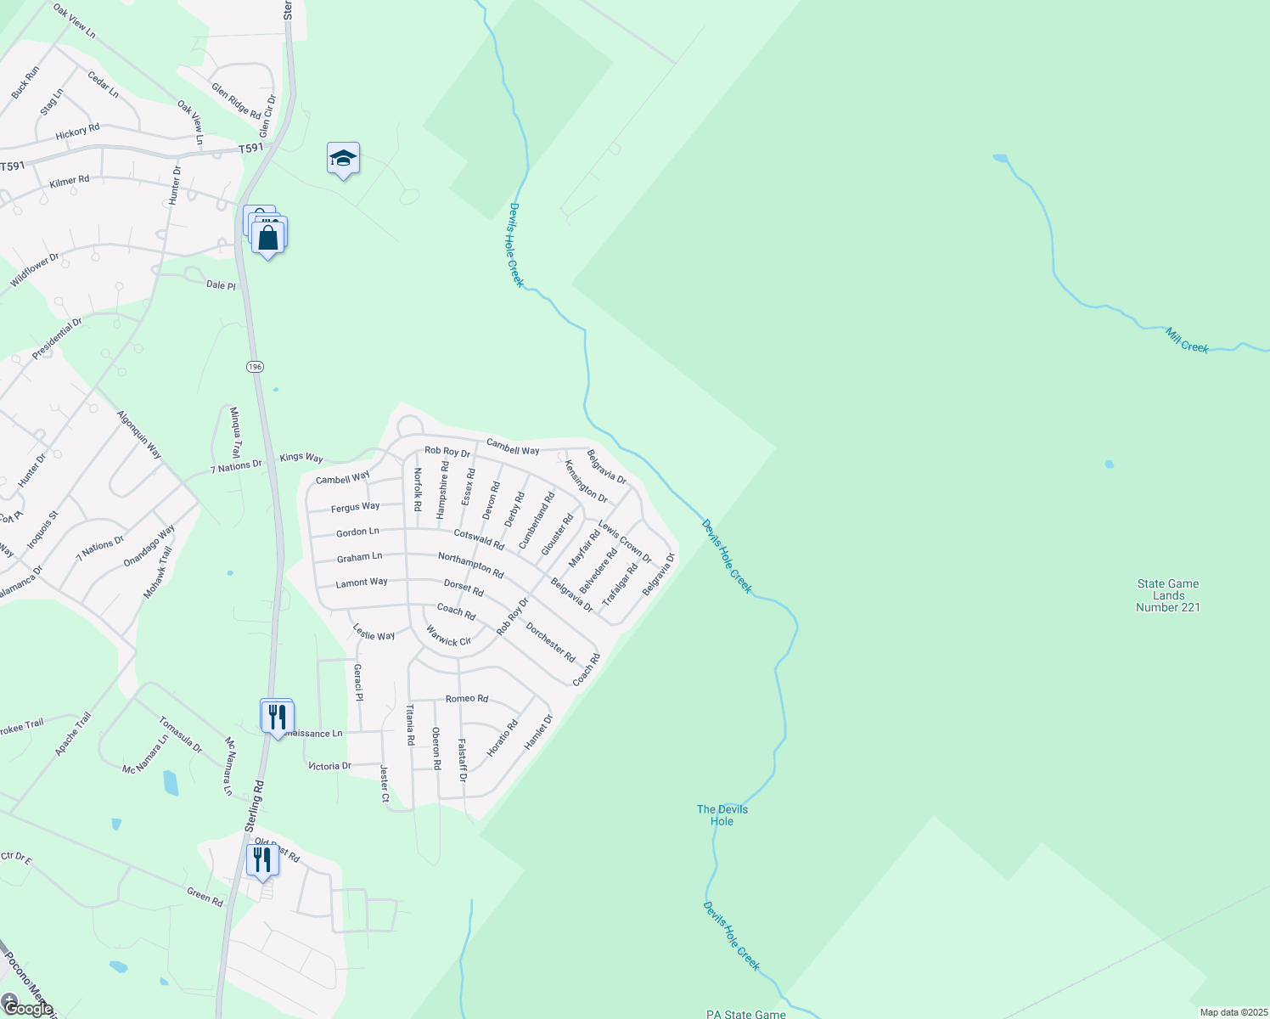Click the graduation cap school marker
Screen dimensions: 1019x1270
coord(343,159)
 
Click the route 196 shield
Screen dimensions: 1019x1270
coord(256,366)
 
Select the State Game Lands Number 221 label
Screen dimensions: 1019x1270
coord(1168,595)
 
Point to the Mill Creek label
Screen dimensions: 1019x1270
coord(1187,341)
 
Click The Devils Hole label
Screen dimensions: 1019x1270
coord(722,815)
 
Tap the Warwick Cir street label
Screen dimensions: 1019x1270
coord(448,636)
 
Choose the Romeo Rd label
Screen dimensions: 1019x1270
coord(467,699)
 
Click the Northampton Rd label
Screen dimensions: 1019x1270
coord(470,565)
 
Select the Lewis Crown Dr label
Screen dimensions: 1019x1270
coord(625,542)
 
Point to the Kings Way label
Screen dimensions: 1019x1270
coord(301,458)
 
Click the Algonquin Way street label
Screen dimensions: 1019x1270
coord(139,434)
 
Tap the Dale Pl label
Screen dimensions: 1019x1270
coord(221,285)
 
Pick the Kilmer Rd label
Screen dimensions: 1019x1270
coord(70,182)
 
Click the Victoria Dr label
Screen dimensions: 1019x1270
coord(329,766)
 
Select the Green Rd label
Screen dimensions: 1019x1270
coord(205,896)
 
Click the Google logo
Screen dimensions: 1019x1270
coord(28,1008)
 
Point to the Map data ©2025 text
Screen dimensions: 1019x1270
coord(1232,1012)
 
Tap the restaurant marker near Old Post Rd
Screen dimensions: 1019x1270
coord(261,860)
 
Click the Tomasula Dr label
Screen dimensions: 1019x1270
coord(181,735)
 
